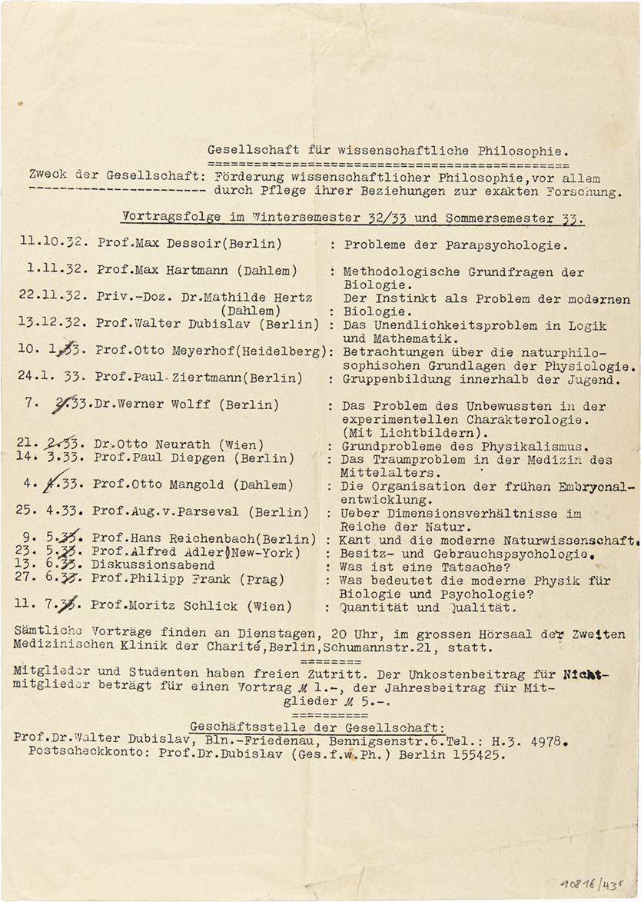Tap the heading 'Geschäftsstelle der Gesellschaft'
click(x=320, y=727)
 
